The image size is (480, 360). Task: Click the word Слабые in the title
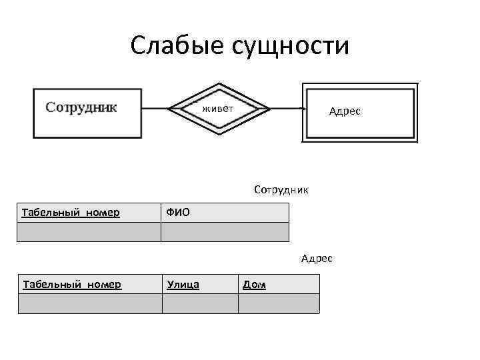point(176,45)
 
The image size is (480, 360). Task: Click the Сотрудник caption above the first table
point(281,189)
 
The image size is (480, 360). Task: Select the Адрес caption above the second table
point(316,258)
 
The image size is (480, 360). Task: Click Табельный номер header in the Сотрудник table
point(71,213)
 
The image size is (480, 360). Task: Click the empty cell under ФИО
point(225,231)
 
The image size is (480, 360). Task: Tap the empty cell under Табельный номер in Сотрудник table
point(89,231)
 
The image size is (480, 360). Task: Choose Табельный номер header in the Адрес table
point(72,285)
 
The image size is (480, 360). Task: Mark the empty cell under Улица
point(199,303)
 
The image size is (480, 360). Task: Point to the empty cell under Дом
point(278,303)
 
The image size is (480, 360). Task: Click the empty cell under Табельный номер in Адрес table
point(89,303)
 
